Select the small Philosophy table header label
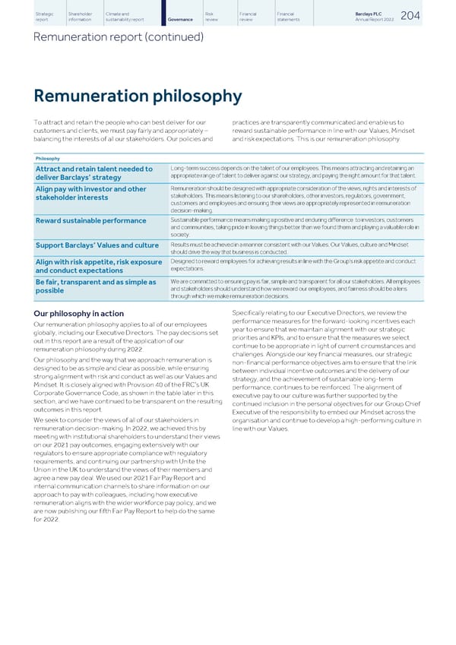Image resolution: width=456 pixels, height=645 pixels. pos(48,159)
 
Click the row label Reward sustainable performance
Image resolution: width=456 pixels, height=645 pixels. pos(90,221)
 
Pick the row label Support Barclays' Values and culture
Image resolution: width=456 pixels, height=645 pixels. pos(96,245)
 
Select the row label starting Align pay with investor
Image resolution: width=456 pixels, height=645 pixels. pos(90,194)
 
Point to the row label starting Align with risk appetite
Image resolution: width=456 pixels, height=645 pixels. pos(96,265)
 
